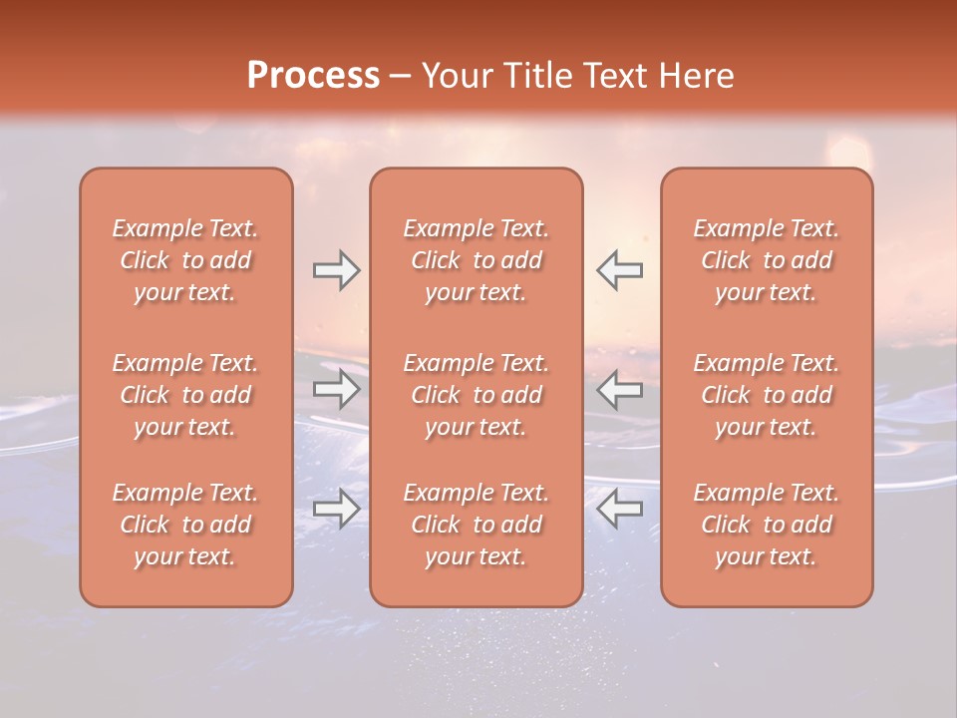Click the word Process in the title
(x=313, y=76)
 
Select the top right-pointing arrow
(x=336, y=270)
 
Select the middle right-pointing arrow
(x=336, y=389)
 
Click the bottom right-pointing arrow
(x=336, y=509)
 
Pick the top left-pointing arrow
(x=619, y=270)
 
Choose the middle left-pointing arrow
(x=619, y=389)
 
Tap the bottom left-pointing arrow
(x=619, y=509)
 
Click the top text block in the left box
(x=185, y=260)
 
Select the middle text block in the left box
(x=185, y=395)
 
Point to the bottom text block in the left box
(x=185, y=525)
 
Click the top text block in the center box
(x=476, y=260)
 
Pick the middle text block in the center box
(x=476, y=395)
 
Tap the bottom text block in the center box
(x=476, y=525)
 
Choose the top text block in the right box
(x=766, y=260)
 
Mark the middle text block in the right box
(x=766, y=395)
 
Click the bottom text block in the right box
(x=766, y=525)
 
